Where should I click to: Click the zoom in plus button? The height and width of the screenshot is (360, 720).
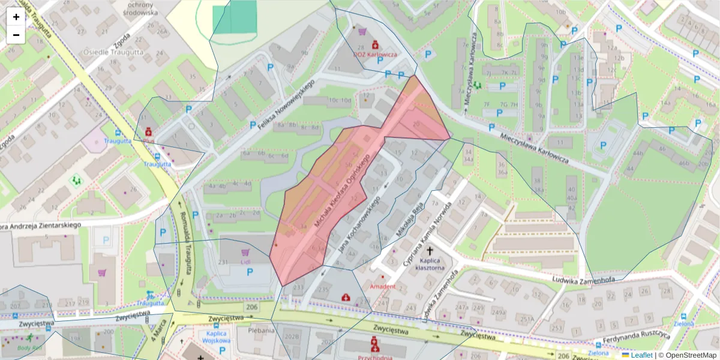16,17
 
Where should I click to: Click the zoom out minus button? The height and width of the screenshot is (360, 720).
16,35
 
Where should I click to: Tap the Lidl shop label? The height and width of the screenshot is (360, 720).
245,262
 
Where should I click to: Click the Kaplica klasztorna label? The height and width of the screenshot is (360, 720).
430,264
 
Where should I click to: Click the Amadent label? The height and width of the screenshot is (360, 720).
383,286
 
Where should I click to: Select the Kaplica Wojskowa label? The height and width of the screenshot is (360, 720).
216,337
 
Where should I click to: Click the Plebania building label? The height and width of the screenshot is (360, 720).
261,329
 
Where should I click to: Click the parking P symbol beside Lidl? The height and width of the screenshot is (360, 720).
250,272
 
